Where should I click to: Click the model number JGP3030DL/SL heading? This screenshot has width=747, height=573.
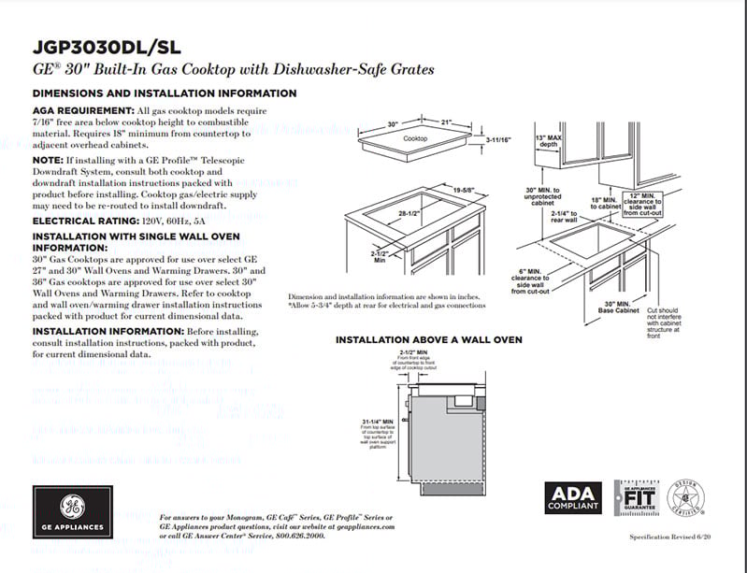(x=105, y=47)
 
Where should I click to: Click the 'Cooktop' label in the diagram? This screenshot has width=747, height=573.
(x=415, y=139)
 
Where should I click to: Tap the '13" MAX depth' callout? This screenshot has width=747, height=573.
(x=547, y=142)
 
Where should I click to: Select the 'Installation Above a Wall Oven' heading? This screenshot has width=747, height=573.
(x=428, y=339)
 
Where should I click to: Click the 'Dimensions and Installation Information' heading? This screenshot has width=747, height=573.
(x=165, y=93)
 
